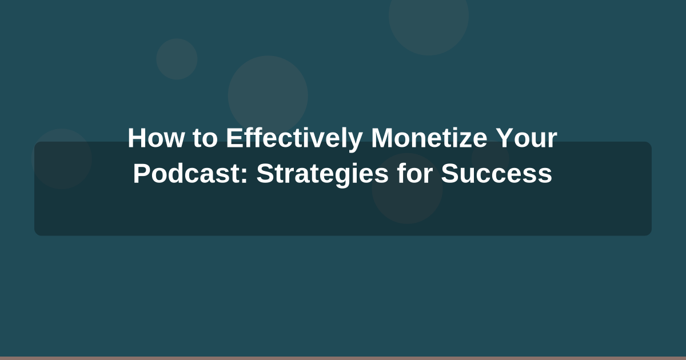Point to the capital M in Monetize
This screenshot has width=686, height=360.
[381, 138]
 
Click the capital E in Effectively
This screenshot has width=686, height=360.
[233, 138]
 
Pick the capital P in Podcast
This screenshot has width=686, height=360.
[141, 174]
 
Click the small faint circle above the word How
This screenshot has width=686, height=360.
[177, 59]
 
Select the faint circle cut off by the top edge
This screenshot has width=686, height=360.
[429, 20]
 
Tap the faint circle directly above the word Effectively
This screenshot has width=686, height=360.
[268, 91]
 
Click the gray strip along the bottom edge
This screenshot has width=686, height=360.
[343, 358]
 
